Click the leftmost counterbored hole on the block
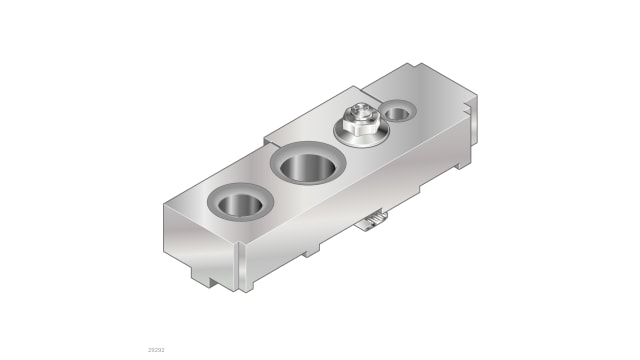tap(238, 205)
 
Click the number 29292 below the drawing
tap(156, 350)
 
